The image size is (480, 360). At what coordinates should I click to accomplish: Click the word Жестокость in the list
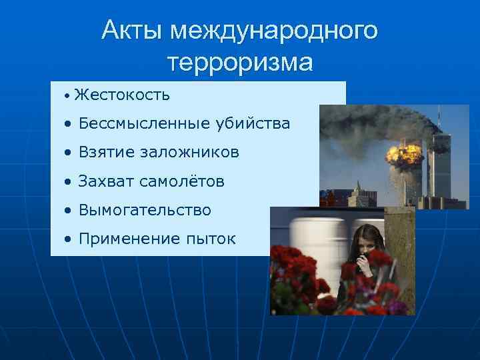click(x=122, y=95)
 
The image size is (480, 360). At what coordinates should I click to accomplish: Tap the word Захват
click(x=107, y=181)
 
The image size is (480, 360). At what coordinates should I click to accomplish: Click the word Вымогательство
click(x=145, y=210)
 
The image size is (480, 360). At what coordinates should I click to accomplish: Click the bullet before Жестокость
click(x=67, y=96)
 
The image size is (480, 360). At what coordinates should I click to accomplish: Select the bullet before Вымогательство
click(x=69, y=211)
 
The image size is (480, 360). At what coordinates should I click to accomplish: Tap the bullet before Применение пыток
click(x=69, y=239)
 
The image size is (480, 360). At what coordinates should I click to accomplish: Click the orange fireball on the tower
click(x=405, y=154)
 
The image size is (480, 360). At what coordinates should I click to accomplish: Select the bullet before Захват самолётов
click(x=69, y=182)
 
